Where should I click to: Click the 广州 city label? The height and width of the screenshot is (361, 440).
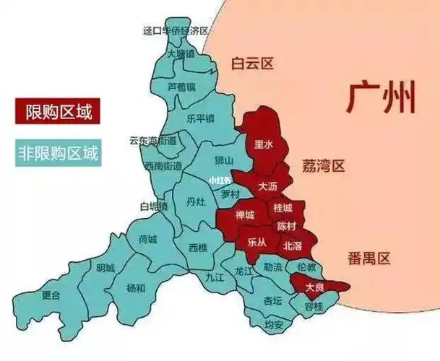[381, 98]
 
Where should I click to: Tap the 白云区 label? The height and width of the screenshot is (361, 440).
[252, 64]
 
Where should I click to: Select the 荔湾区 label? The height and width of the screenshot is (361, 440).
[323, 166]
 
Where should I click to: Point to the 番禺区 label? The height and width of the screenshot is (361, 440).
[368, 258]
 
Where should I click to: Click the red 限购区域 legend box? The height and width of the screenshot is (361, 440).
[56, 112]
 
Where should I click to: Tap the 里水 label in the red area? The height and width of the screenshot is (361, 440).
[264, 144]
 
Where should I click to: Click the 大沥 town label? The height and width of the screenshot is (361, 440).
[268, 187]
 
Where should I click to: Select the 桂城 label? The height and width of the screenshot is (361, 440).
[282, 208]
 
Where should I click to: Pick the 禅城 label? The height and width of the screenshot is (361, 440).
[246, 215]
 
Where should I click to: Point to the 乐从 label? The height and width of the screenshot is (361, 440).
[256, 241]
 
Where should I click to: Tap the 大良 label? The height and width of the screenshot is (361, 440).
[314, 287]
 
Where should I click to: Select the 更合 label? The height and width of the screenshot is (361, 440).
[51, 295]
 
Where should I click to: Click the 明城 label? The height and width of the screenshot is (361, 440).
[105, 269]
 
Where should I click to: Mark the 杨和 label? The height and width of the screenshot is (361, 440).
[136, 287]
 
